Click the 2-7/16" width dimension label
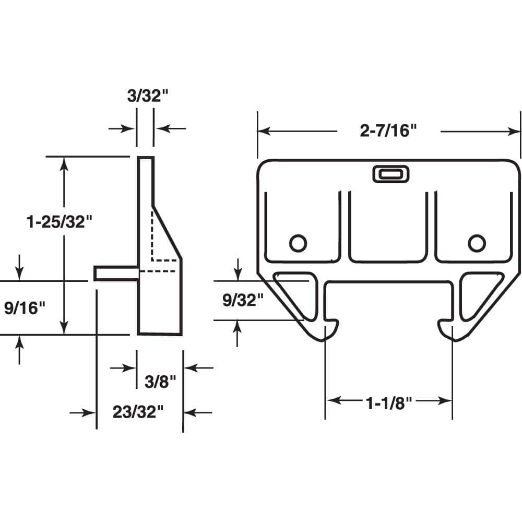[x=389, y=131]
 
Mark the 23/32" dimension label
[x=138, y=412]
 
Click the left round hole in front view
[x=298, y=242]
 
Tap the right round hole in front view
[x=476, y=242]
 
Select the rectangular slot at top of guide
[x=391, y=174]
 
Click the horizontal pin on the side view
[x=116, y=273]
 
